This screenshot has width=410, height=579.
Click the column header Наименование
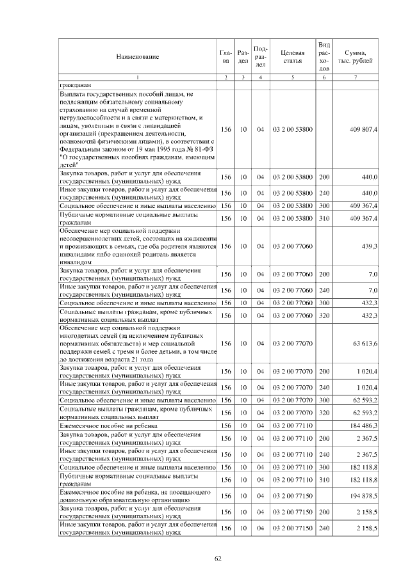click(x=137, y=57)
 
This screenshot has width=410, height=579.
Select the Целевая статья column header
click(x=292, y=56)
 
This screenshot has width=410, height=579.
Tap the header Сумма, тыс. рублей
click(x=356, y=56)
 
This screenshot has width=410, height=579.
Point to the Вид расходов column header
click(x=324, y=56)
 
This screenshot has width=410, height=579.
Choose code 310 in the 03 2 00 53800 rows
click(x=324, y=218)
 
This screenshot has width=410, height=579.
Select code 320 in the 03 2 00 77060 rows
click(x=324, y=315)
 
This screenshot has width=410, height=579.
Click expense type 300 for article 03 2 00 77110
click(x=324, y=468)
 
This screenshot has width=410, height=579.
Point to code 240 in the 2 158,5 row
click(x=324, y=528)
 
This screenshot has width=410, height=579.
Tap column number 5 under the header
click(x=292, y=77)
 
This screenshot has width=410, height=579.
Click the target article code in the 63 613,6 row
click(x=292, y=344)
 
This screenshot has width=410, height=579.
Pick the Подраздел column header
click(x=261, y=56)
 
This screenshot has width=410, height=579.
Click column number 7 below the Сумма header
click(x=356, y=77)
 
